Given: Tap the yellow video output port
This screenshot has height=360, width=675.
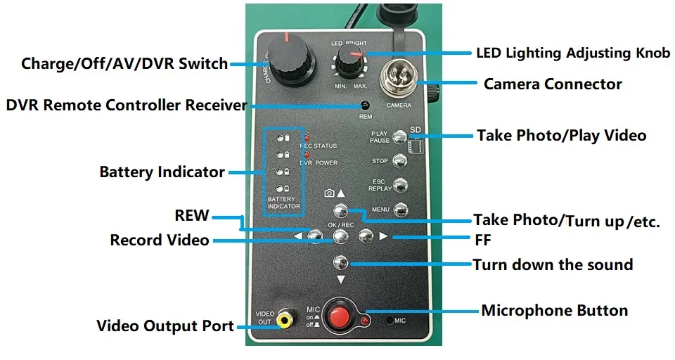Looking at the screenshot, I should (x=284, y=321).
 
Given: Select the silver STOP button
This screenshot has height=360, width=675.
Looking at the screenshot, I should (x=399, y=161).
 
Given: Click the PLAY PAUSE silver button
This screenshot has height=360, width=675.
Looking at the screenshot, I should (x=399, y=136).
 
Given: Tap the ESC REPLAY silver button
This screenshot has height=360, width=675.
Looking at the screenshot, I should (x=399, y=186).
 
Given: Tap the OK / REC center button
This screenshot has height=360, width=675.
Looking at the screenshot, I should (x=340, y=236).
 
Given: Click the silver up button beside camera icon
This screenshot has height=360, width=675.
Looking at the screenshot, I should (x=340, y=209).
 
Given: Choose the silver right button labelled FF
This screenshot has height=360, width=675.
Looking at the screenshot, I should (x=365, y=236).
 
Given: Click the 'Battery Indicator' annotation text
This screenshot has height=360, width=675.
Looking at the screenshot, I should (x=162, y=172).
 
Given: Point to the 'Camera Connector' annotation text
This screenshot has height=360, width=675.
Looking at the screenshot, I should (x=553, y=84).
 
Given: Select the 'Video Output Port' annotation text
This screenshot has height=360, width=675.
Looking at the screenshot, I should (x=165, y=326).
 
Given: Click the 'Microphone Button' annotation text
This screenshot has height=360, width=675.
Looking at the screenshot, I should (x=554, y=310).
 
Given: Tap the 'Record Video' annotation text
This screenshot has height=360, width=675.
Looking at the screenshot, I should (x=159, y=240).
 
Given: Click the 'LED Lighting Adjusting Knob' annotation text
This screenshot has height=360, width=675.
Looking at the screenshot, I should (x=573, y=53).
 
